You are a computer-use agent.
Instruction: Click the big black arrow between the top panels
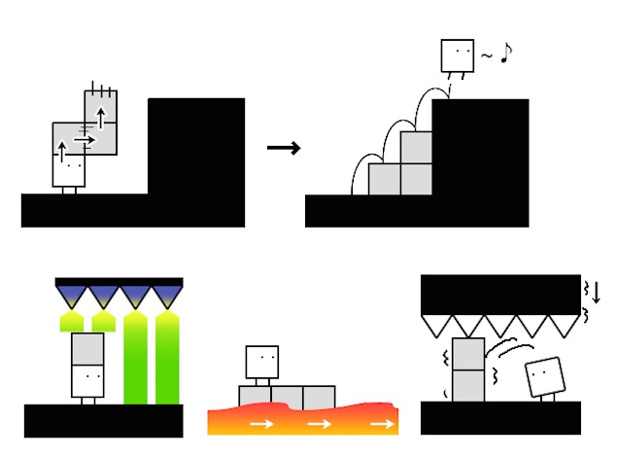click(283, 148)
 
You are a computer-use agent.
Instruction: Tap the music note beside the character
click(505, 54)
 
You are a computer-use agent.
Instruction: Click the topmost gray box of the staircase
click(416, 148)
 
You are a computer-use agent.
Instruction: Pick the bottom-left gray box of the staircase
click(386, 179)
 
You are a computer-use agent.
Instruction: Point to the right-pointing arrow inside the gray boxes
click(84, 140)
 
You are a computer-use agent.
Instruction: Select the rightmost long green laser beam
click(167, 360)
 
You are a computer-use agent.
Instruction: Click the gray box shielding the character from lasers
click(87, 348)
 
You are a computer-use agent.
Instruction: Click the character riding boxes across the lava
click(263, 366)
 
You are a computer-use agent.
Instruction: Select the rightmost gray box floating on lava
click(318, 397)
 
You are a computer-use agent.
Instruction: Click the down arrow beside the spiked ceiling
click(597, 291)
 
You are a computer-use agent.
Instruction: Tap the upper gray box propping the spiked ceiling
click(468, 354)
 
